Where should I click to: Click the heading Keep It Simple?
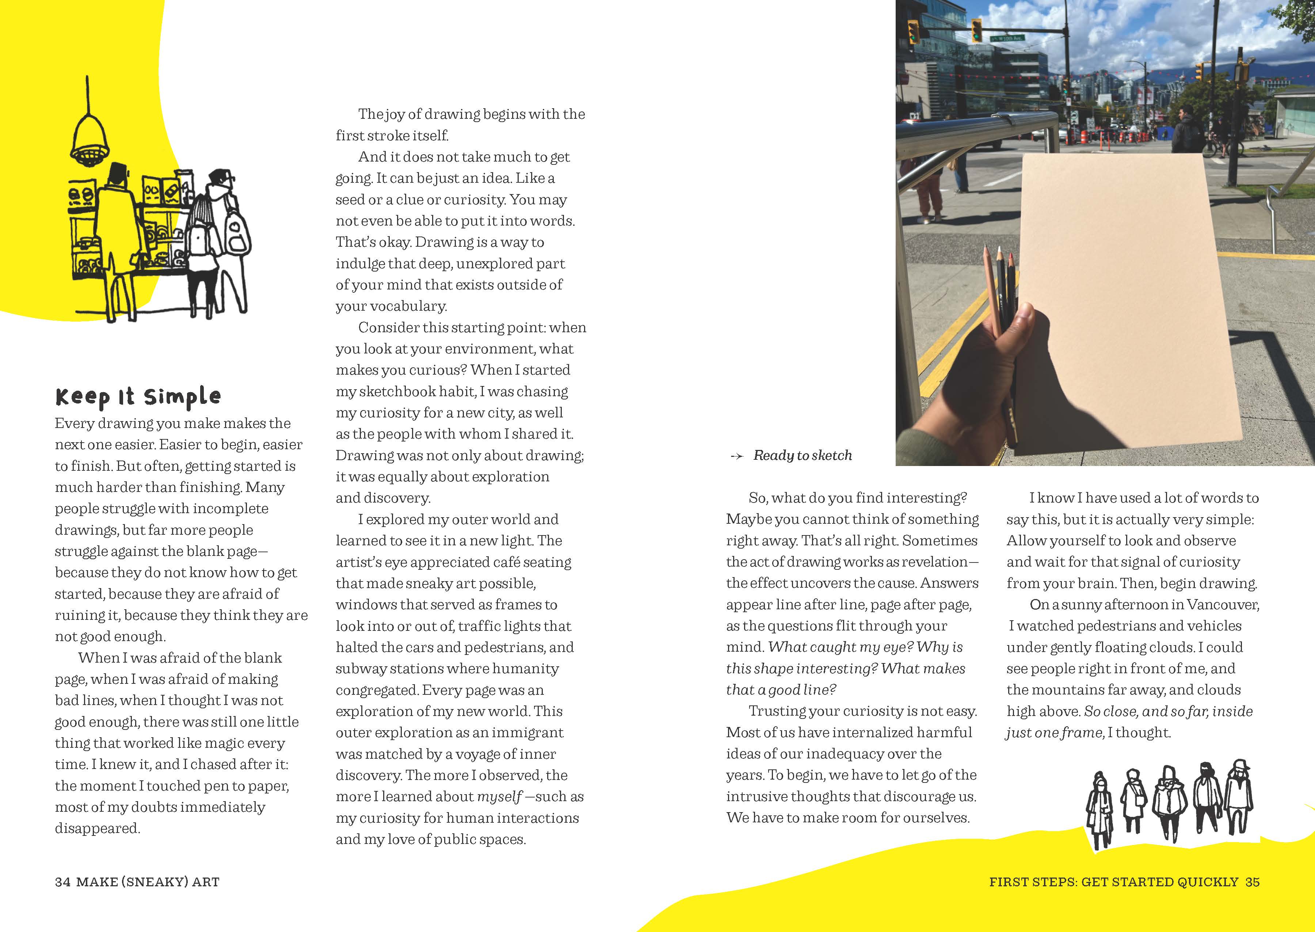click(138, 397)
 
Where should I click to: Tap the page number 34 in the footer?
click(62, 882)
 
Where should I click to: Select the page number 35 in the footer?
click(1253, 882)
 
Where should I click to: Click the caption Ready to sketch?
click(802, 456)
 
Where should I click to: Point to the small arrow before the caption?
click(736, 457)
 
